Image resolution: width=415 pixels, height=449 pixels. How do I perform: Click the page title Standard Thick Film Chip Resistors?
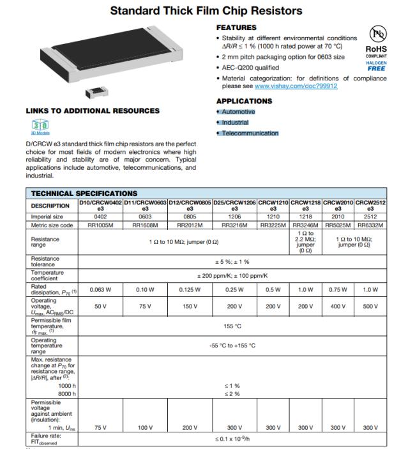(x=206, y=11)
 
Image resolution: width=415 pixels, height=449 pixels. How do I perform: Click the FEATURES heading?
(x=236, y=27)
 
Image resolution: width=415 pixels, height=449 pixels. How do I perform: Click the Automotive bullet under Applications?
(x=238, y=112)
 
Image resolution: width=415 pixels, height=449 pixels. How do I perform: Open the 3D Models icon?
(x=36, y=125)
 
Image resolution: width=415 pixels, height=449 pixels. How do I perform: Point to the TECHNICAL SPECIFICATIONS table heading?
(x=84, y=194)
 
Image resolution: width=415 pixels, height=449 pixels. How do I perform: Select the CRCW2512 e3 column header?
(x=370, y=206)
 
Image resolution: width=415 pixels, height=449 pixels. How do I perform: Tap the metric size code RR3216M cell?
(x=234, y=225)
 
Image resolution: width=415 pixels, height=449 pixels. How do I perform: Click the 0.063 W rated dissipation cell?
(x=100, y=290)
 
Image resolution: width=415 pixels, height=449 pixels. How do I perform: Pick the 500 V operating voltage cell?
(x=370, y=307)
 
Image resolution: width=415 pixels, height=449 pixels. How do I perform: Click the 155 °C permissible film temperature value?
(x=232, y=326)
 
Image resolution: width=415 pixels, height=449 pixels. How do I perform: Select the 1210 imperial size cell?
(x=273, y=217)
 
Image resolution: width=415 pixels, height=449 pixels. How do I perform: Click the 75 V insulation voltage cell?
(x=100, y=428)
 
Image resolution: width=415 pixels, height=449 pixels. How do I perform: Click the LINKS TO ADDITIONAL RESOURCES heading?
(x=93, y=110)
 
